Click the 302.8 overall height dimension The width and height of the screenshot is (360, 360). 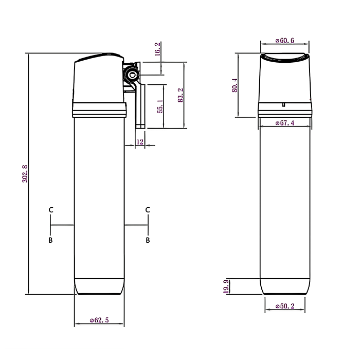click(25, 174)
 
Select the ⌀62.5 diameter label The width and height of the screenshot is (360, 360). click(99, 320)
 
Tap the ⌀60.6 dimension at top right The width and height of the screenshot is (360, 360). click(285, 41)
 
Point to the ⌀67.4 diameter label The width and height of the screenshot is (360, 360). click(285, 123)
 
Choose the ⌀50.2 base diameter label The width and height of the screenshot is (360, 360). click(285, 306)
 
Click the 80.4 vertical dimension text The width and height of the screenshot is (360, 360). click(235, 85)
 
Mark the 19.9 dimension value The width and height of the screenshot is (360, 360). click(226, 286)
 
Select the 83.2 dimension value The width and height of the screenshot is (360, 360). click(181, 95)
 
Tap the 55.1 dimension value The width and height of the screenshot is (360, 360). click(160, 106)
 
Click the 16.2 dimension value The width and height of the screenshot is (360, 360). click(157, 49)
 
